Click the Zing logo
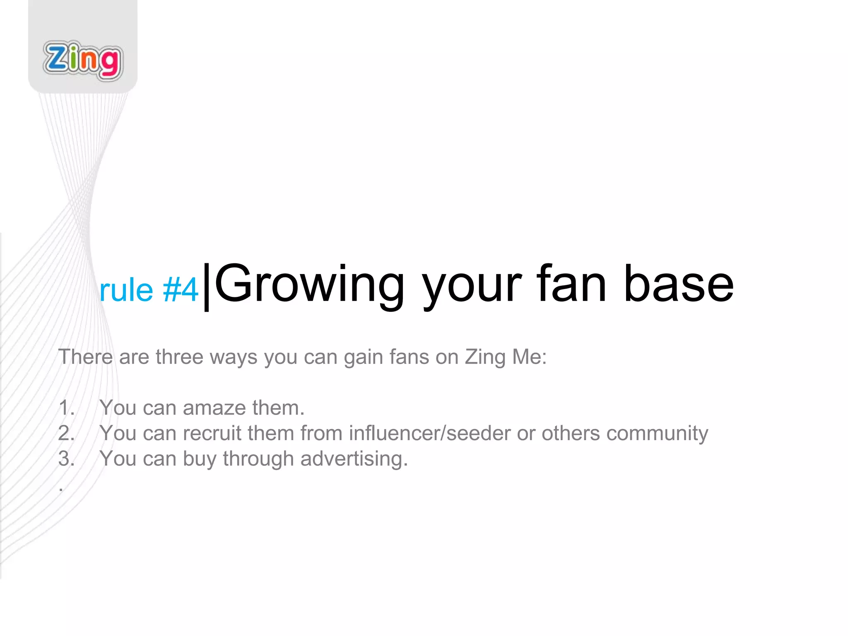click(83, 61)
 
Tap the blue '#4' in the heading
click(181, 290)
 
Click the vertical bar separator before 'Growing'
click(207, 287)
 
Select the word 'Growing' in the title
click(309, 286)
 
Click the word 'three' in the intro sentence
click(179, 357)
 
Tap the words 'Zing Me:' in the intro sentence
click(506, 357)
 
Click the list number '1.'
click(67, 408)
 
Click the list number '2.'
click(67, 433)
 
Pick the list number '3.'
click(67, 459)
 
